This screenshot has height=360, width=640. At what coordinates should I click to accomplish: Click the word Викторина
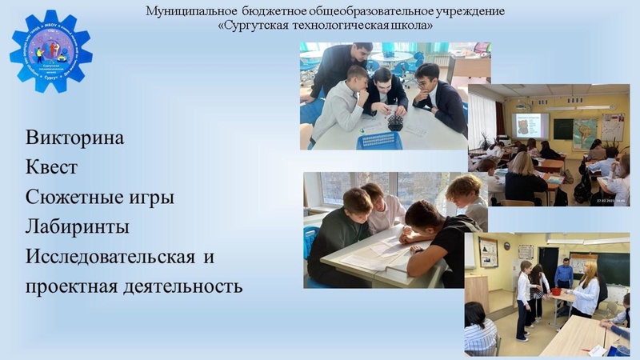click(x=75, y=137)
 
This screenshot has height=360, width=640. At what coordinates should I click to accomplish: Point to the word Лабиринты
click(x=78, y=226)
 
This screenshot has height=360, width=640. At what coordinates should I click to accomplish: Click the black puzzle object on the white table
click(x=394, y=122)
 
